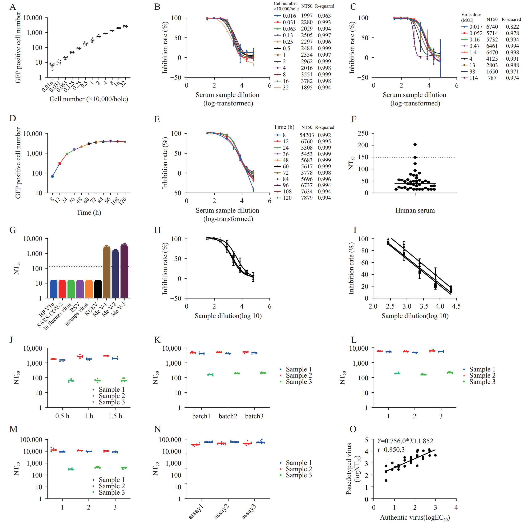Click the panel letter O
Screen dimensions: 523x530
[353, 429]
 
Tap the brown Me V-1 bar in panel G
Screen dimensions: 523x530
[106, 272]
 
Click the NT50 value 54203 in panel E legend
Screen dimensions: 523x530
[307, 135]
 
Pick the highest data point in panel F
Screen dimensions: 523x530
[415, 145]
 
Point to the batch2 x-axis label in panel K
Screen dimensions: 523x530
[228, 416]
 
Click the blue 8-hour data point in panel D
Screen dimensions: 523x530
[52, 176]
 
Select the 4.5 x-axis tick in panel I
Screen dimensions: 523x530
[456, 306]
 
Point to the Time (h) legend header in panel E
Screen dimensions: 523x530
[284, 127]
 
